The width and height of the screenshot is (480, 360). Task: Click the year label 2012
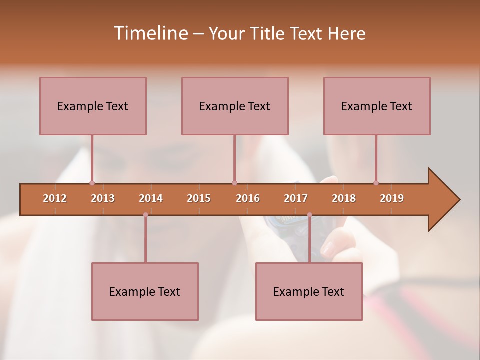click(x=55, y=198)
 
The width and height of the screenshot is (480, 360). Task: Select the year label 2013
click(x=103, y=198)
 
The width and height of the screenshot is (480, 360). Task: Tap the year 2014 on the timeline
click(x=151, y=198)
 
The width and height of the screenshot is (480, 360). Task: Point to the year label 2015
click(x=199, y=198)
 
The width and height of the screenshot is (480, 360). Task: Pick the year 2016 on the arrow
click(x=248, y=198)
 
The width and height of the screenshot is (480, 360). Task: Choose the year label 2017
click(x=296, y=198)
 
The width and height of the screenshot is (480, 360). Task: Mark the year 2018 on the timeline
click(x=344, y=198)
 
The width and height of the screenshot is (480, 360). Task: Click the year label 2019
click(x=392, y=198)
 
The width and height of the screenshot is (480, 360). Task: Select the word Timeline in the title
click(x=150, y=33)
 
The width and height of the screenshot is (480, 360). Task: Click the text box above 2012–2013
click(x=93, y=106)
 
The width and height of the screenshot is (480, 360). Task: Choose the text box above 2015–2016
click(x=235, y=106)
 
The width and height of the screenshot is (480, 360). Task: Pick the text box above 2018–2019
click(x=377, y=106)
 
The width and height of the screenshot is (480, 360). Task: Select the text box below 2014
click(x=145, y=291)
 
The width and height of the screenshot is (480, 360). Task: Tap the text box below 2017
click(x=309, y=291)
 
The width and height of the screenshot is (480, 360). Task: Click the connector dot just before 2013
click(x=92, y=183)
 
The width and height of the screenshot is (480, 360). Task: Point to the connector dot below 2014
click(x=145, y=215)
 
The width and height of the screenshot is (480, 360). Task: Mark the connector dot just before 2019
click(x=376, y=183)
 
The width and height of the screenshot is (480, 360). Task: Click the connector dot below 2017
click(x=309, y=215)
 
